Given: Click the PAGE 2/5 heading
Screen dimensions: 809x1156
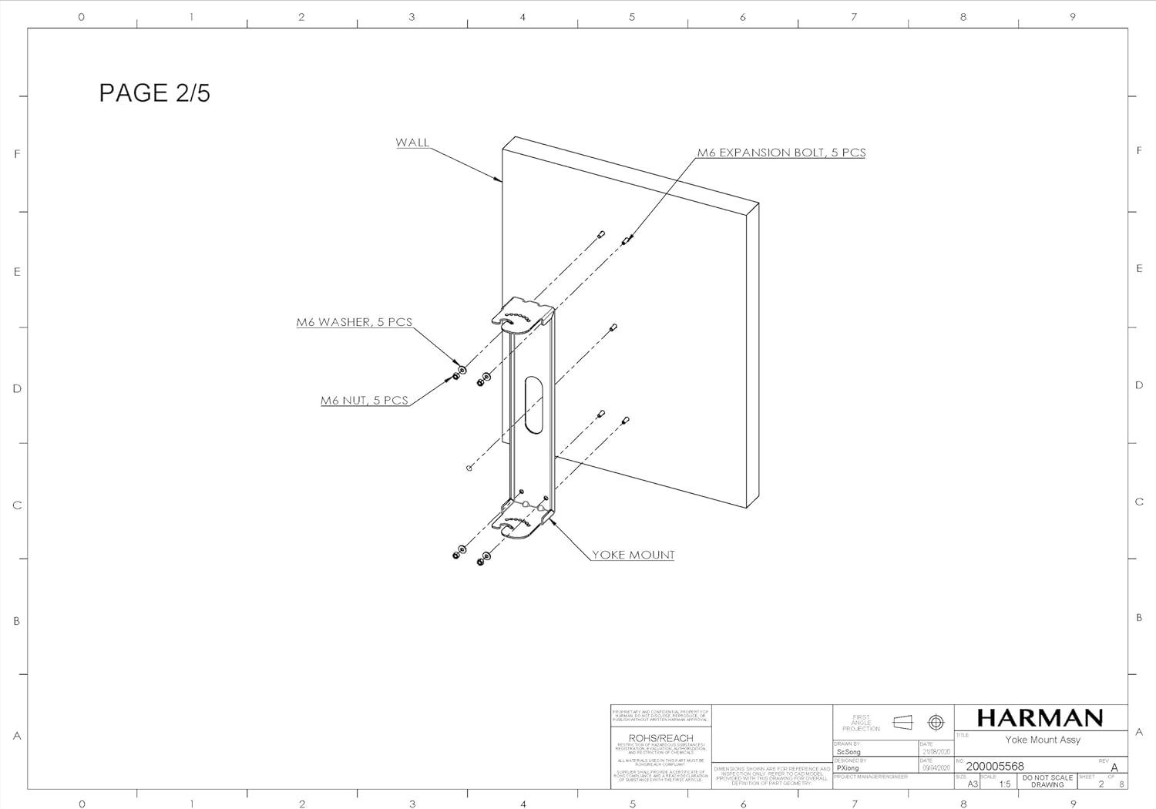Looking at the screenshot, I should pyautogui.click(x=154, y=92).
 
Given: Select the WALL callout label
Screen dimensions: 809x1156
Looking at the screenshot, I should pyautogui.click(x=412, y=143).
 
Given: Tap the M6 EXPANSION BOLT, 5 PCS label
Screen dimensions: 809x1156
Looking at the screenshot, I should pyautogui.click(x=781, y=153).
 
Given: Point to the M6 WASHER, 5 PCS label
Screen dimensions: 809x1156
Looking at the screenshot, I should pyautogui.click(x=355, y=322).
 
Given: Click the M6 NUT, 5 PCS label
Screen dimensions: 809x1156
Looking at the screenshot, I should pyautogui.click(x=365, y=400).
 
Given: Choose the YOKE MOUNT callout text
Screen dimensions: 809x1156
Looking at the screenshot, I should pyautogui.click(x=633, y=555).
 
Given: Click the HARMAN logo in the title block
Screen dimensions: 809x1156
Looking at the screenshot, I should pyautogui.click(x=1040, y=718).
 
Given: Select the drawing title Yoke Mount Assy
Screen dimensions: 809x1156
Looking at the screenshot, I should pyautogui.click(x=1042, y=740).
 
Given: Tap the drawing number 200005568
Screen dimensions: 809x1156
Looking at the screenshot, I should pyautogui.click(x=995, y=766).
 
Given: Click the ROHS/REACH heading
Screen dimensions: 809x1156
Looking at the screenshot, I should pyautogui.click(x=660, y=738).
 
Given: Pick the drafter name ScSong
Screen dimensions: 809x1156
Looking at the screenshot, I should pyautogui.click(x=849, y=752).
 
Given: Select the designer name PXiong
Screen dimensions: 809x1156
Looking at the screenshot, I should pyautogui.click(x=848, y=768).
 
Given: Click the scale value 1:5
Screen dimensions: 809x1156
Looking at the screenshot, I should pyautogui.click(x=1004, y=784).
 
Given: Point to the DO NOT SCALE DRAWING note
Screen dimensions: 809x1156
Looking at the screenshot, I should pyautogui.click(x=1047, y=781).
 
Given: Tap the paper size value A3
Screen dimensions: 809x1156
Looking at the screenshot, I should pyautogui.click(x=973, y=784).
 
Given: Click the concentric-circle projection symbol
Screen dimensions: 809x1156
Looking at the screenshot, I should pyautogui.click(x=936, y=722).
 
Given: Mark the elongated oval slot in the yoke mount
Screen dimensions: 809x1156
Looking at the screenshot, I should pyautogui.click(x=533, y=405).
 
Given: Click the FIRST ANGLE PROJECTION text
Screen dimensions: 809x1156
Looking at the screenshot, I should pyautogui.click(x=861, y=723).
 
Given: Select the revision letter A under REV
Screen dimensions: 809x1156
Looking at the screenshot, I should pyautogui.click(x=1114, y=767).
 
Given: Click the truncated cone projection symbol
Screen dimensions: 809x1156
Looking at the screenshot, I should pyautogui.click(x=902, y=722).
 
